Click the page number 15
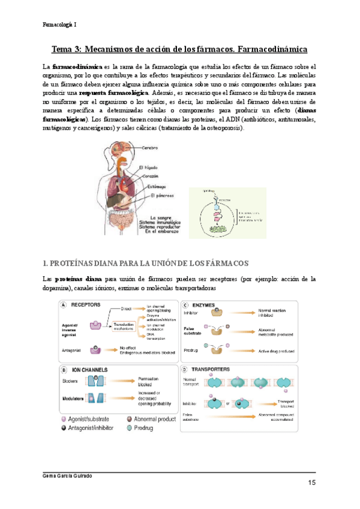[x=311, y=484]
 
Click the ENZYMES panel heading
[x=208, y=304]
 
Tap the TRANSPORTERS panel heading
[x=216, y=369]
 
